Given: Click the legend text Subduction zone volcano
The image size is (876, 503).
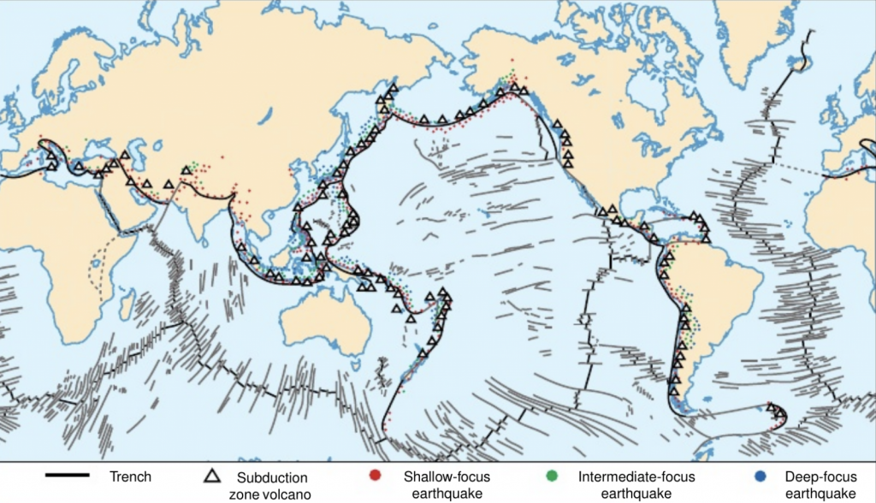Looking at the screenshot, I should [267, 485].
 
